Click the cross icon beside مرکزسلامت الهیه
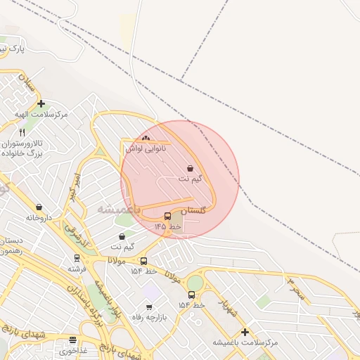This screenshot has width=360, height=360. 41,103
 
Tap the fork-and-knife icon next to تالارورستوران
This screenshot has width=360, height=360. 22,131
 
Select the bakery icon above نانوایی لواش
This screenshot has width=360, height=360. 146,139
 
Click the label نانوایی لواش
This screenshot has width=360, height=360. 146,148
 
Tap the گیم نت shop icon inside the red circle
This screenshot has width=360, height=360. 191,168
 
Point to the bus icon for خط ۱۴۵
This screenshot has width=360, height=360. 167,217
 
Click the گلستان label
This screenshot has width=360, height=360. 194,211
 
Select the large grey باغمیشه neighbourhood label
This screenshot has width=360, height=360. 119,210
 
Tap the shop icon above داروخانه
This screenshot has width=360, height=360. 38,207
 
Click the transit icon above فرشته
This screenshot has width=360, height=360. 77,258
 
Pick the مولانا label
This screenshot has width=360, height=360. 117,261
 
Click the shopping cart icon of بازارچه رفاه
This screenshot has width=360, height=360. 149,307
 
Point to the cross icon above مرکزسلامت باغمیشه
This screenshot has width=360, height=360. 245,332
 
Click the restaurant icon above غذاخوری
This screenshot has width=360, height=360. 72,340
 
